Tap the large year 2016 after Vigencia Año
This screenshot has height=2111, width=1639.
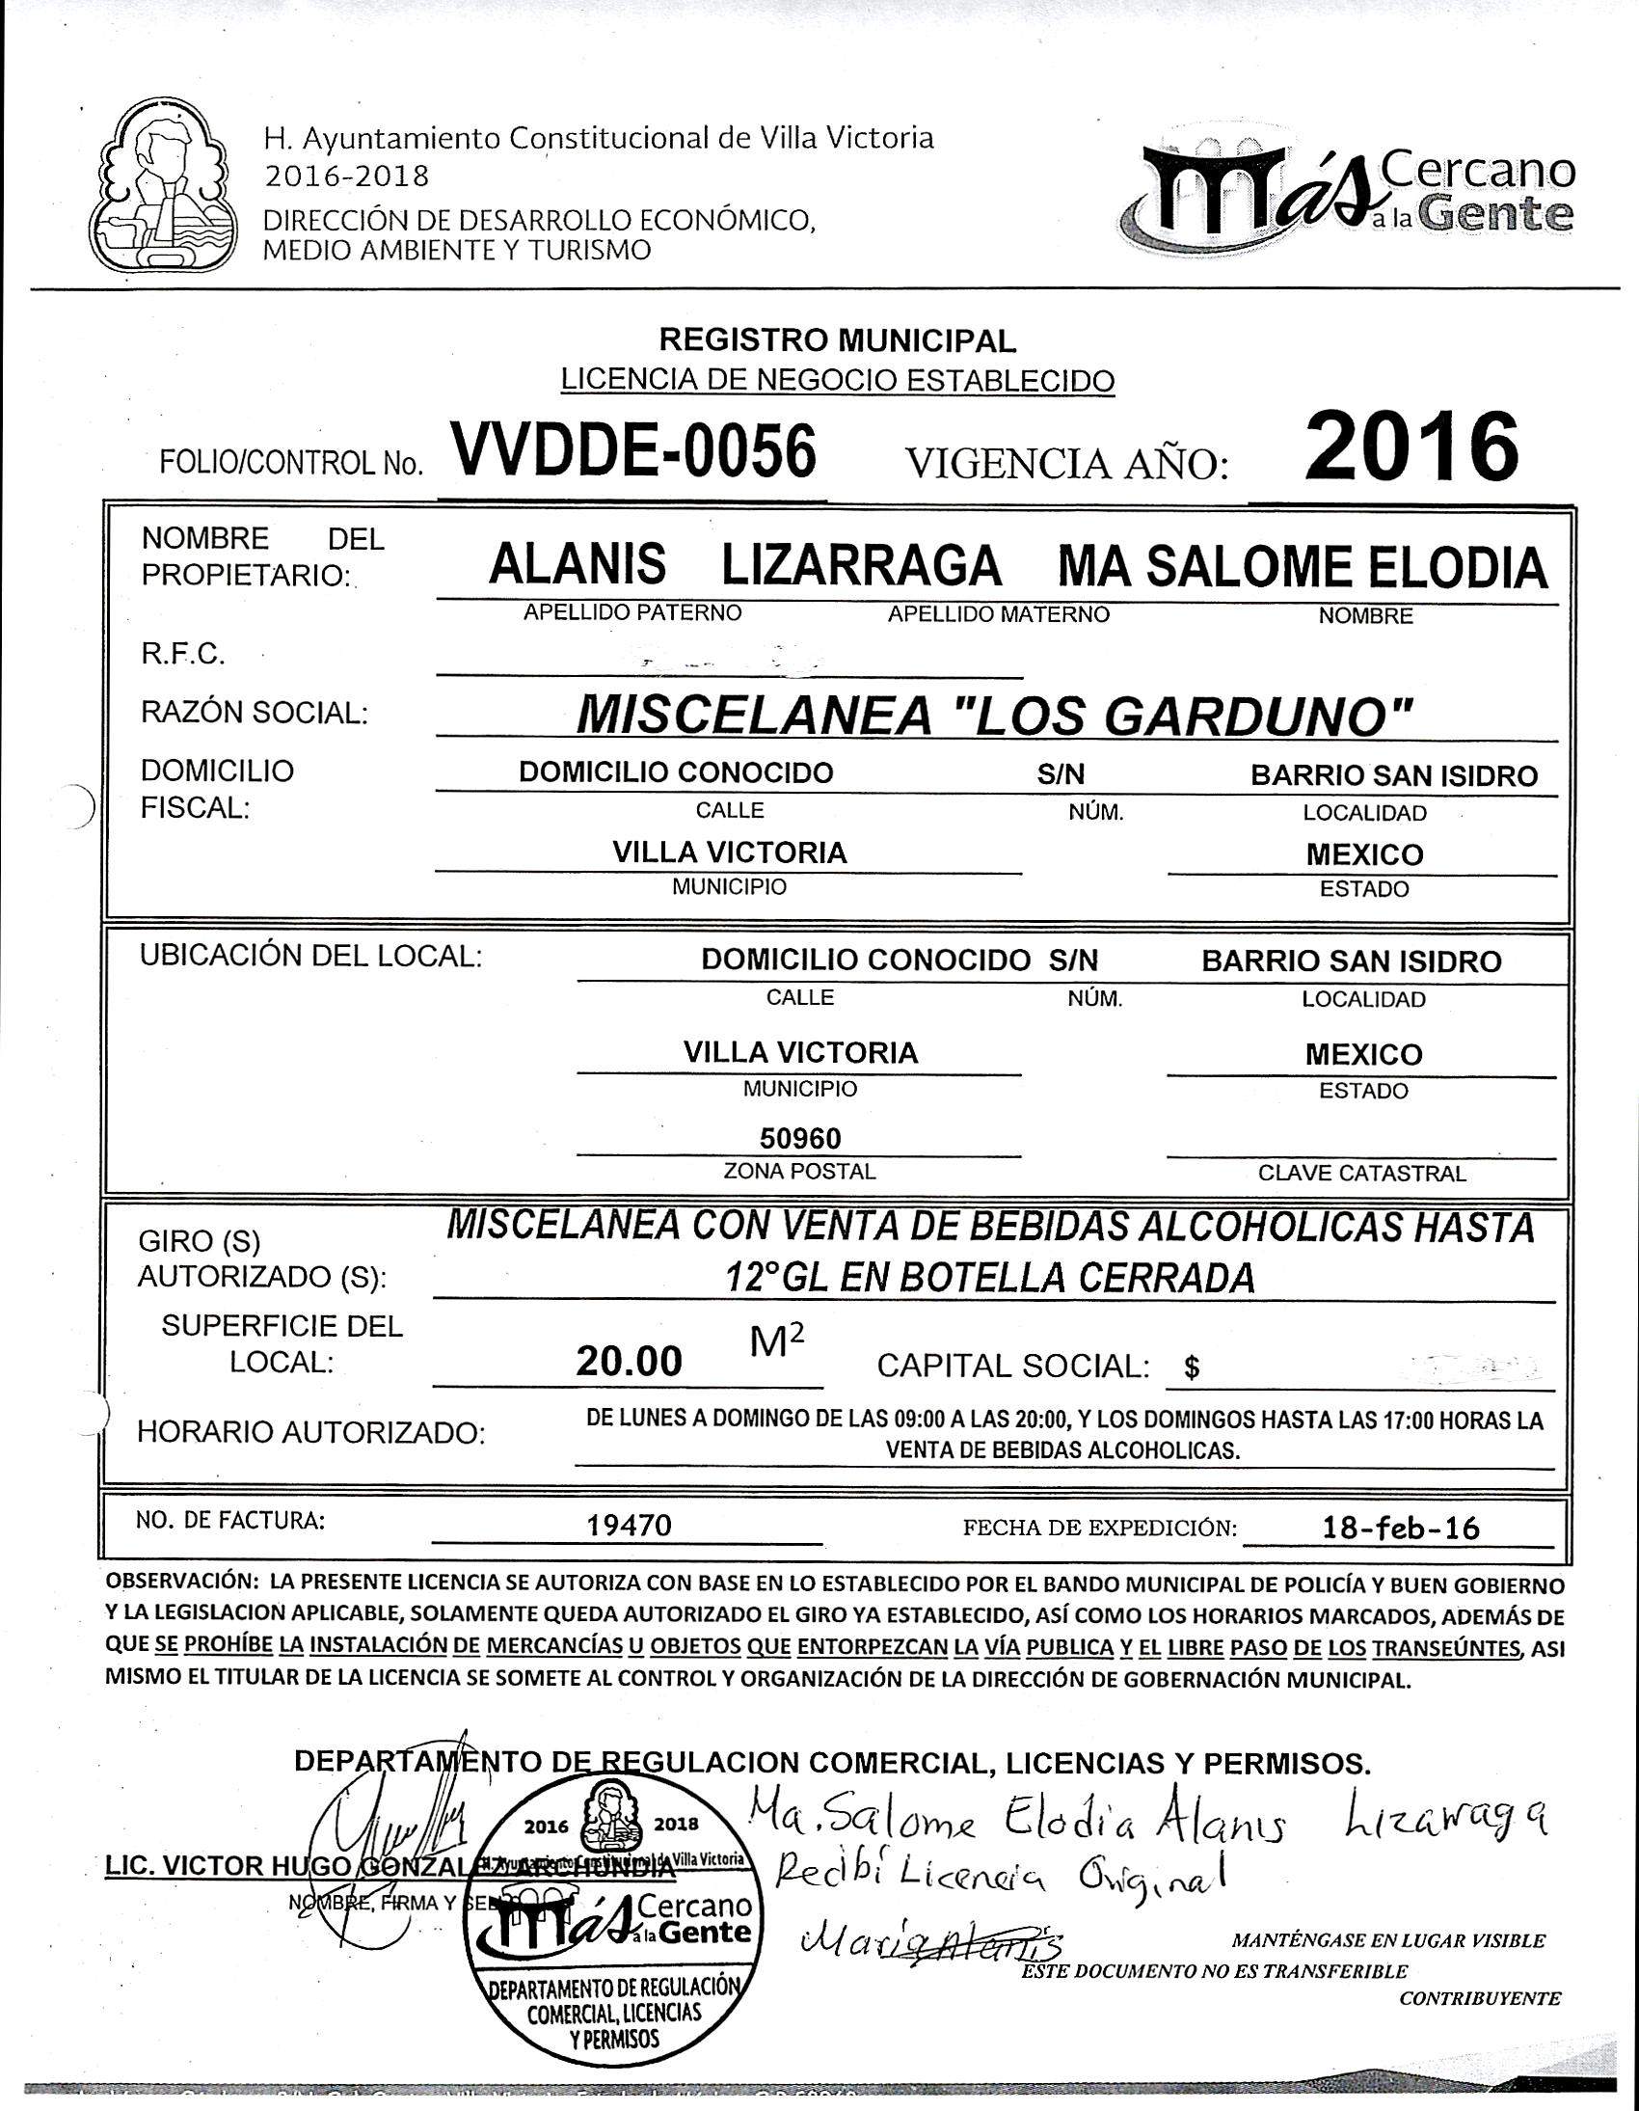pyautogui.click(x=1410, y=447)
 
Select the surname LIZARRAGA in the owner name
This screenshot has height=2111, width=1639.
pyautogui.click(x=861, y=565)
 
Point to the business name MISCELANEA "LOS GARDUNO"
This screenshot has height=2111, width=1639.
pyautogui.click(x=995, y=717)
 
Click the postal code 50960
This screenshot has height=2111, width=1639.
pyautogui.click(x=800, y=1138)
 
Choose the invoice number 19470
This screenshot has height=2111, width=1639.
pyautogui.click(x=631, y=1527)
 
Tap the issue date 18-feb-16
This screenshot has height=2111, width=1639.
pyautogui.click(x=1400, y=1528)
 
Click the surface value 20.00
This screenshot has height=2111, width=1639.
pyautogui.click(x=630, y=1362)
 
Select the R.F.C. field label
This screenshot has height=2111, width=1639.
pyautogui.click(x=182, y=655)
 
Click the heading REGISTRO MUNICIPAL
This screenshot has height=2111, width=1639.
pyautogui.click(x=837, y=340)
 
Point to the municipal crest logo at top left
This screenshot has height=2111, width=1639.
pyautogui.click(x=163, y=190)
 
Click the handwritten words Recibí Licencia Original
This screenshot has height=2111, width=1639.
pyautogui.click(x=1000, y=1873)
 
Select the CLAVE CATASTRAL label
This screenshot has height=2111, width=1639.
pyautogui.click(x=1360, y=1174)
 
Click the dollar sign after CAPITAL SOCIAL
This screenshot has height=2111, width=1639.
pyautogui.click(x=1193, y=1367)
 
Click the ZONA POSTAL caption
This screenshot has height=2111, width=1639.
pyautogui.click(x=799, y=1172)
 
